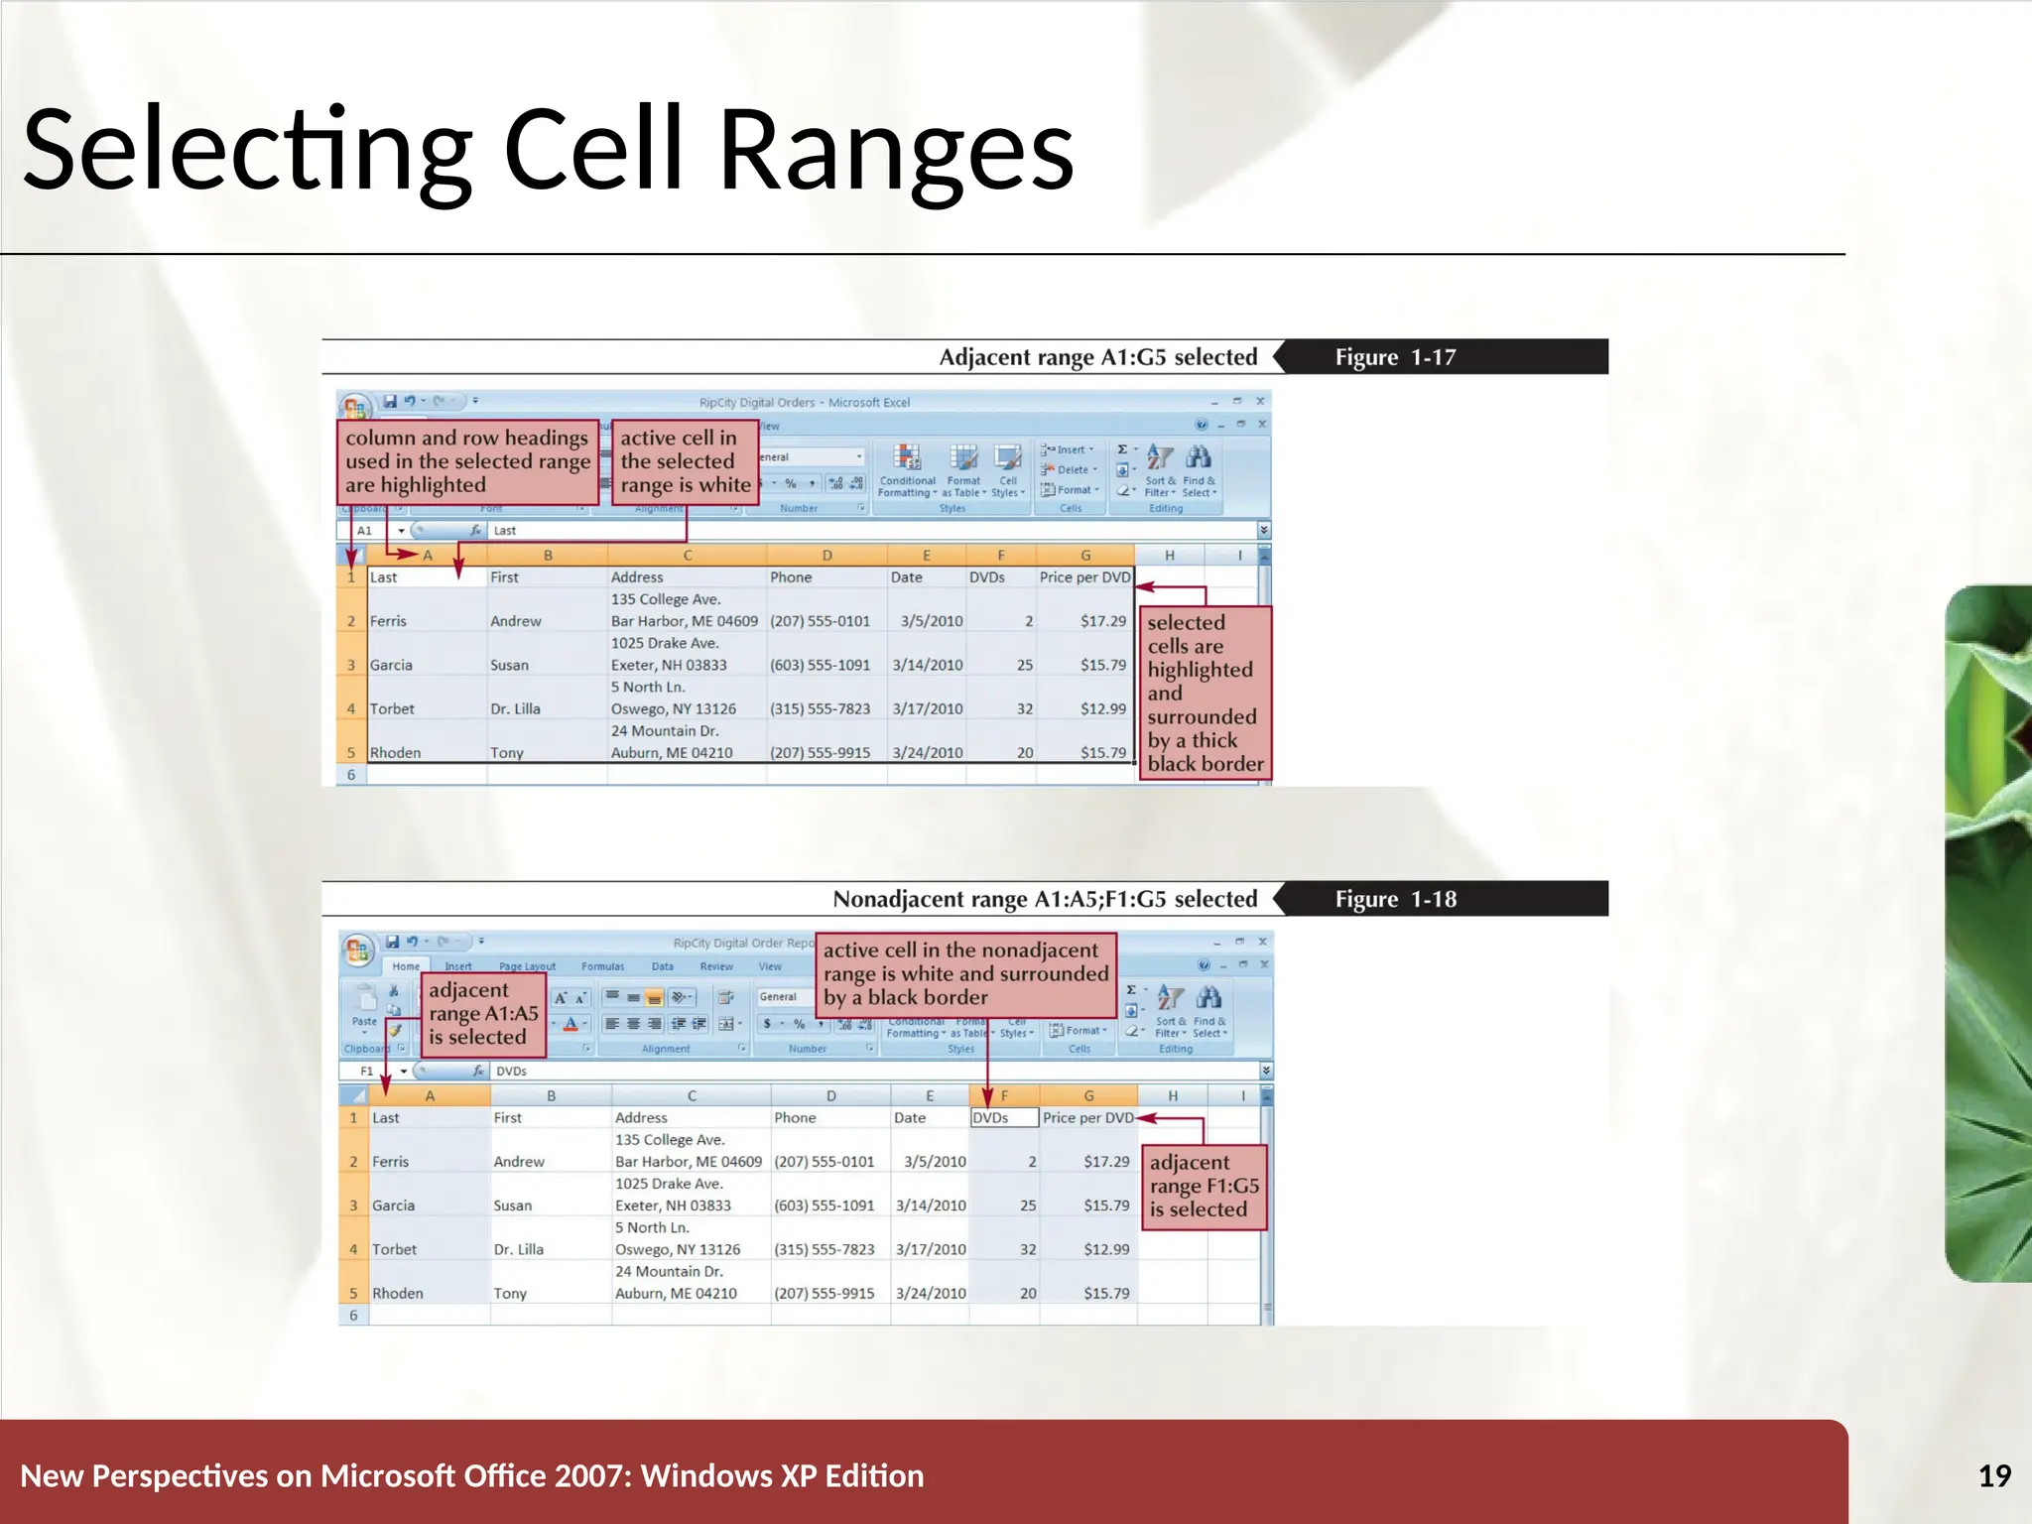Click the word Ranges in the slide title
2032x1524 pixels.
coord(896,151)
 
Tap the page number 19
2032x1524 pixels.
coord(1994,1475)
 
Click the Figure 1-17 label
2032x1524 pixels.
coord(1394,357)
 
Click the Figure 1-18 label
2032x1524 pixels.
coord(1395,899)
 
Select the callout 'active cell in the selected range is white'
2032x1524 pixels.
coord(685,461)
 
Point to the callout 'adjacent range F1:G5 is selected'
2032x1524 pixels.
coord(1204,1186)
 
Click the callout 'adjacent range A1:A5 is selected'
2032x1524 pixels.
coord(482,1013)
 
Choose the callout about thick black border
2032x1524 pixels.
coord(1205,693)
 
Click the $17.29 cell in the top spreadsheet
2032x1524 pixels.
coord(1102,621)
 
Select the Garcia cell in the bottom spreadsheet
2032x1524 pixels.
coord(394,1206)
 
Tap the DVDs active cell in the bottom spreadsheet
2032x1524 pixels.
coord(1003,1117)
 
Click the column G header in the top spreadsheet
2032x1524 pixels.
coord(1084,556)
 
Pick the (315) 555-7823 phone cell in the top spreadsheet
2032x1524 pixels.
coord(820,708)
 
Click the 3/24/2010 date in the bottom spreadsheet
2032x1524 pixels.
coord(930,1293)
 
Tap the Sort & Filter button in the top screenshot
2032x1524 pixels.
coord(1159,471)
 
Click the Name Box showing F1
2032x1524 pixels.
coord(368,1071)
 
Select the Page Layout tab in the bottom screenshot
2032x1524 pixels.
coord(527,965)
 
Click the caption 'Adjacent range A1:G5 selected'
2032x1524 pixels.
coord(1097,357)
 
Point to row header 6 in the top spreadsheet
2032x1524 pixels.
coord(351,775)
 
